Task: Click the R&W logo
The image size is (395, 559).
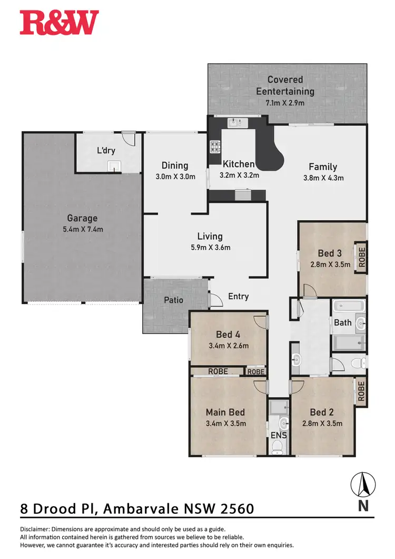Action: point(59,23)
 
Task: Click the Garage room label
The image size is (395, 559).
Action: point(82,218)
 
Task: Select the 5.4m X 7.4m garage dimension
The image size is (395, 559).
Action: point(82,229)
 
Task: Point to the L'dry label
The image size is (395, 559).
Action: point(106,151)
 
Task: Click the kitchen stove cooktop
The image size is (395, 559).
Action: point(215,146)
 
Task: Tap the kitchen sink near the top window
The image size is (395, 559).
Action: point(235,123)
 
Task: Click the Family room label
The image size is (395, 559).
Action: point(323,167)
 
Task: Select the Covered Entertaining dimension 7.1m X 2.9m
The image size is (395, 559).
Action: point(285,103)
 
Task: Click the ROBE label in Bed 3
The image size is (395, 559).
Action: point(361,257)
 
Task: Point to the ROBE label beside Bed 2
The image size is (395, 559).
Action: point(361,391)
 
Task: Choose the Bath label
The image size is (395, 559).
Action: point(343,322)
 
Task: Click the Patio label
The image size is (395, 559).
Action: point(173,300)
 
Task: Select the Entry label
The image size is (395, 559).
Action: point(238,297)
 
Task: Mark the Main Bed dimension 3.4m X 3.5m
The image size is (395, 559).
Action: point(225,423)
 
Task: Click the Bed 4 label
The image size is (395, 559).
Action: point(229,334)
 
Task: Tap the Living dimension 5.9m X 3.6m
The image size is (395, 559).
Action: point(210,247)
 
